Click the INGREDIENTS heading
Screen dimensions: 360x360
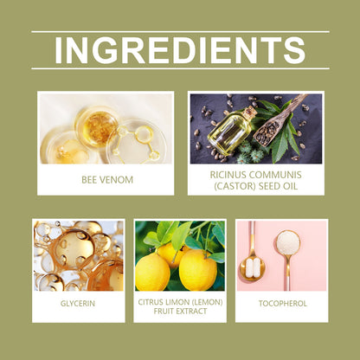click(180, 50)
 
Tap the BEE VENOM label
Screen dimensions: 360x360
click(107, 180)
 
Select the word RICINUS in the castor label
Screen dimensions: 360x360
click(228, 175)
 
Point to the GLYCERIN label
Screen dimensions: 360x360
click(78, 304)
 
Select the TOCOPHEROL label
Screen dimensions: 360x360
click(283, 304)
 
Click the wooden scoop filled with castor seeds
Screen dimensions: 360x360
click(274, 124)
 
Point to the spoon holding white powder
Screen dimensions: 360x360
click(288, 254)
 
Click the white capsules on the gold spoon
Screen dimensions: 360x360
click(253, 268)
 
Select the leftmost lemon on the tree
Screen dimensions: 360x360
click(152, 272)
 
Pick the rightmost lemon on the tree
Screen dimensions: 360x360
click(198, 270)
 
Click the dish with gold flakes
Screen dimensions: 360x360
click(97, 126)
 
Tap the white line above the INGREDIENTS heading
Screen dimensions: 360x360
click(180, 32)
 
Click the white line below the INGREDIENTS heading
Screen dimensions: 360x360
click(180, 68)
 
